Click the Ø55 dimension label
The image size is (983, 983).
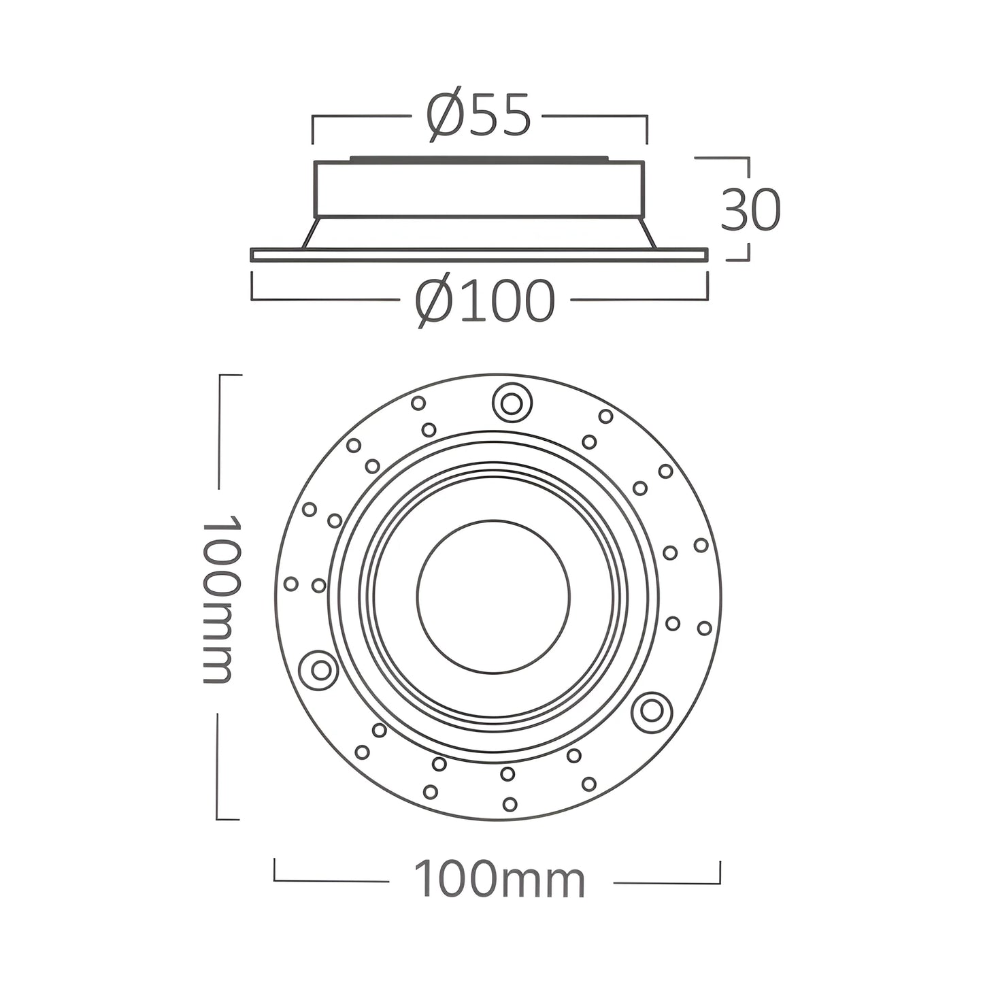pyautogui.click(x=479, y=114)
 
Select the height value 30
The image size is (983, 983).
pyautogui.click(x=750, y=210)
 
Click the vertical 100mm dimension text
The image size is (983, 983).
pyautogui.click(x=221, y=599)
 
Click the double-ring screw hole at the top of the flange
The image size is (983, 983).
pyautogui.click(x=512, y=404)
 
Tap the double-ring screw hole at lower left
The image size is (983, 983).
pyautogui.click(x=320, y=669)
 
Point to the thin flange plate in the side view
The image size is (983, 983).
pyautogui.click(x=479, y=254)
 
